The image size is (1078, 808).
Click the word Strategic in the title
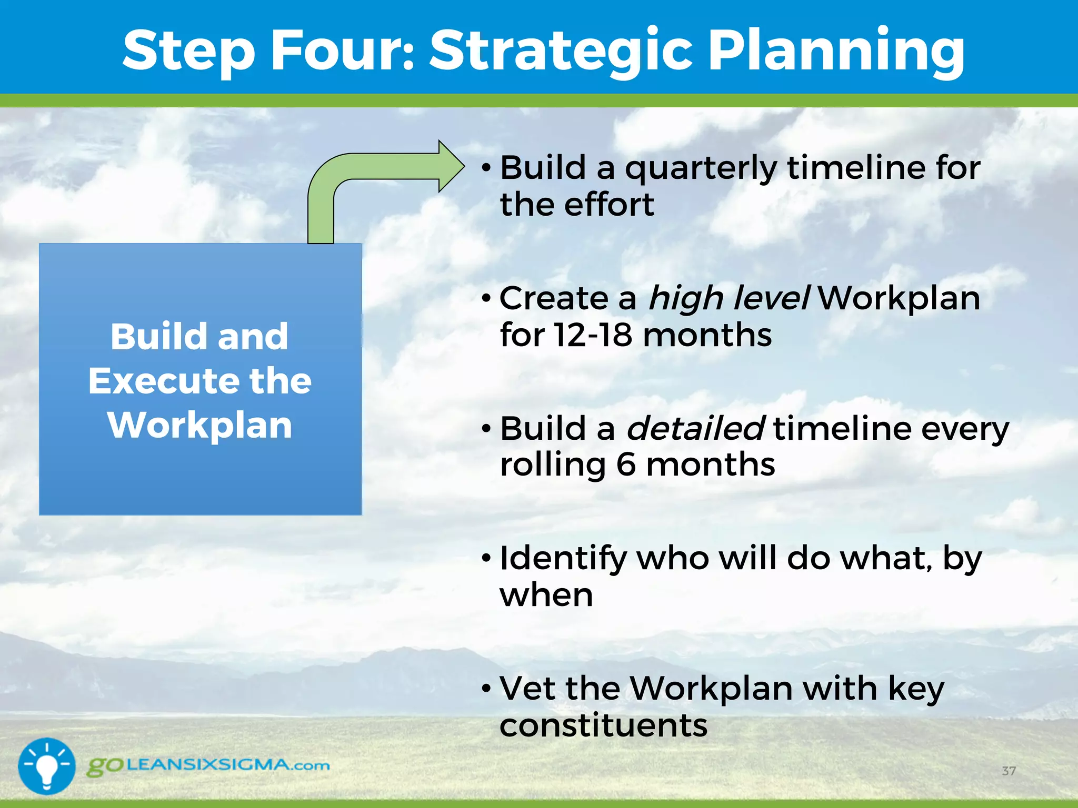[x=561, y=50]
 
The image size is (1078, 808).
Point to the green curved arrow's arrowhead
[x=451, y=166]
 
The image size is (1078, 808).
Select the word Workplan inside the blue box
[x=200, y=425]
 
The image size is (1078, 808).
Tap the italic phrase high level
[x=729, y=298]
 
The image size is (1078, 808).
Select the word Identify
[x=563, y=559]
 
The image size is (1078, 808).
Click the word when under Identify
[x=546, y=595]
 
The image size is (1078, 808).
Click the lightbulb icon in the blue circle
[x=47, y=765]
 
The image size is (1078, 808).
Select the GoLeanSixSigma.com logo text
[x=208, y=765]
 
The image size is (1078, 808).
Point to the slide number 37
[x=1009, y=771]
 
